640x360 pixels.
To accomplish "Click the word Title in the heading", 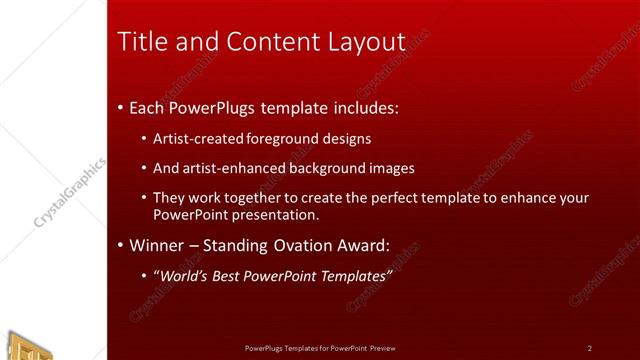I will coord(142,42).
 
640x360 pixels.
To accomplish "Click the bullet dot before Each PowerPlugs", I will coord(121,105).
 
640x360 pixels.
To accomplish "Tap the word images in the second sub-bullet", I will coord(391,168).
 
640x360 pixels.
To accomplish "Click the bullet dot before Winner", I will coord(121,245).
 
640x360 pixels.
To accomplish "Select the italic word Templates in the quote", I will coord(356,275).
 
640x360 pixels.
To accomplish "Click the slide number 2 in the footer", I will coord(589,348).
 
